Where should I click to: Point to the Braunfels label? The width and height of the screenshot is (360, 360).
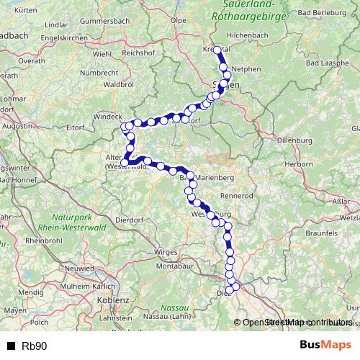pyautogui.click(x=321, y=233)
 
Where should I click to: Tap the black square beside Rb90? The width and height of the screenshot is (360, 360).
pyautogui.click(x=12, y=346)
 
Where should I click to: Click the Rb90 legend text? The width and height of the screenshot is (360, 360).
pyautogui.click(x=34, y=346)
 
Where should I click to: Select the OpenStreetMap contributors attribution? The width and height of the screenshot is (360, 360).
pyautogui.click(x=297, y=323)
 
